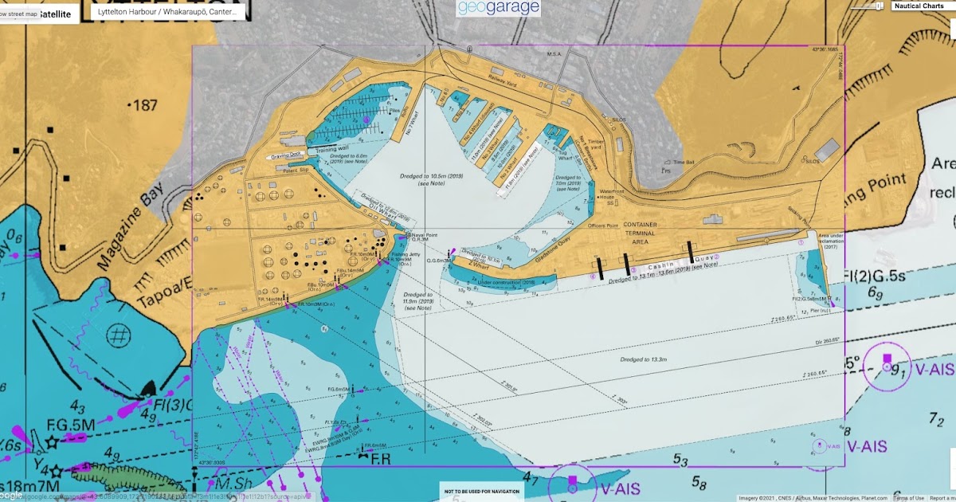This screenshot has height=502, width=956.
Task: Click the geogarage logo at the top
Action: (499, 8)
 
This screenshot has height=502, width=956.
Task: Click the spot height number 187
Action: (144, 105)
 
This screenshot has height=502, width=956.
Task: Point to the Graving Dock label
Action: (286, 156)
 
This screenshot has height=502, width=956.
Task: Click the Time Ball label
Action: (684, 162)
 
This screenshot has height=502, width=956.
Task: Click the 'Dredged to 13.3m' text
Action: (644, 359)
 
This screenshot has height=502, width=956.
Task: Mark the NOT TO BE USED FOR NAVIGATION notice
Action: (481, 491)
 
